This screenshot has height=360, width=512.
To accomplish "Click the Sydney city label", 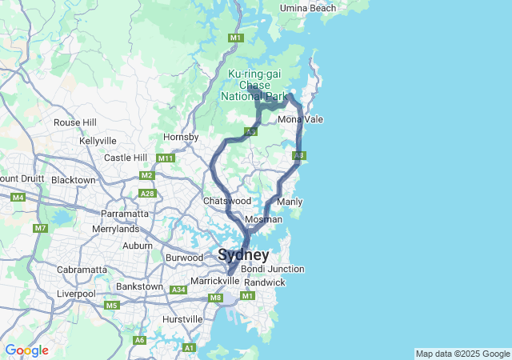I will pos(243,255).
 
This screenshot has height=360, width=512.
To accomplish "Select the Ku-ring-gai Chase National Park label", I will pos(255,85).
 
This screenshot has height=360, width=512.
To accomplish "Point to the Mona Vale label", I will pos(301,119).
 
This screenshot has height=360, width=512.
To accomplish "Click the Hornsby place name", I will pos(181,138).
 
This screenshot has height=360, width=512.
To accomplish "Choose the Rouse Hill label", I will pos(74,122).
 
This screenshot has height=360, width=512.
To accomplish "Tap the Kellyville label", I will pos(98,141).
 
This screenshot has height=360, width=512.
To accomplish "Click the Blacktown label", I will pos(73,180).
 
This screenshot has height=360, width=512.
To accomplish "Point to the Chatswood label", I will pos(227,201).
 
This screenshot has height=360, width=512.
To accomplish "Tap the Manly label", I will pos(290,202).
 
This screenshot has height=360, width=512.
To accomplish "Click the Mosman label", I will pos(263,219).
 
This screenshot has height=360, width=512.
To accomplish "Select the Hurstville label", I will pos(182,319).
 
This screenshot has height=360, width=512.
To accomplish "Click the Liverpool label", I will pos(76,294).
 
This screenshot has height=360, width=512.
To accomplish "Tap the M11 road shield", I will pos(166,158).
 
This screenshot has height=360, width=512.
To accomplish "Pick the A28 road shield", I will pos(146,193).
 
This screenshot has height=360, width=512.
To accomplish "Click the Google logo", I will pos(26,350).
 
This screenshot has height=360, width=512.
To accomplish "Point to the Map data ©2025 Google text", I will pos(462,354).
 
